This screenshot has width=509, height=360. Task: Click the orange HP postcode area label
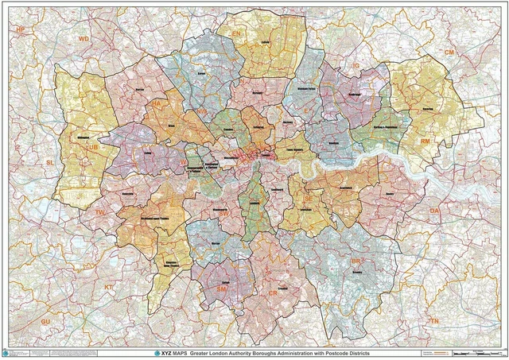pos(21,29)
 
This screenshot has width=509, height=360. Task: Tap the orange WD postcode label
pos(84,38)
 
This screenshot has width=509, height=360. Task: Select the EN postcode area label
pos(235,33)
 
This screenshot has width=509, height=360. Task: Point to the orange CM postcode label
pos(449,52)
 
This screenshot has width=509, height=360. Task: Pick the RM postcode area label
pos(425,141)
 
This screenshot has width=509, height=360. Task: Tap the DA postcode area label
pos(434,210)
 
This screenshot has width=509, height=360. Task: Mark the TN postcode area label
pos(433,320)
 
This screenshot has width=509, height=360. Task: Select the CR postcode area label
pos(273,293)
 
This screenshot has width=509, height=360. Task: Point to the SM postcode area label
pos(221,290)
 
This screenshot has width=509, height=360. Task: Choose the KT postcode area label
pos(109,286)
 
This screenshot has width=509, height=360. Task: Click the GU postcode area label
pos(45,320)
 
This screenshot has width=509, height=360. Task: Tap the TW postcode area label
pos(99,213)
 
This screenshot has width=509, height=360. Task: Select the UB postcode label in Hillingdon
pos(93,147)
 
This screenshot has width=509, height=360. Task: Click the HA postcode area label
pos(157,103)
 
